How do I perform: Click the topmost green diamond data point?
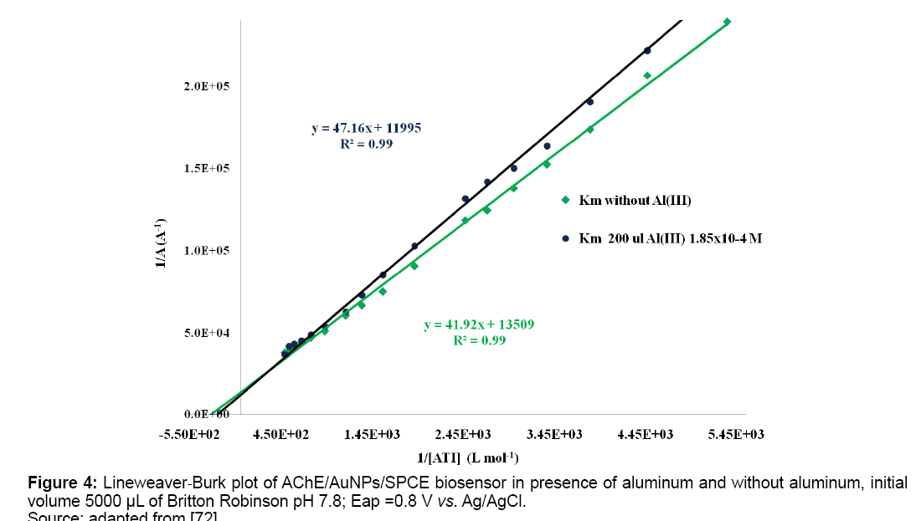pyautogui.click(x=727, y=21)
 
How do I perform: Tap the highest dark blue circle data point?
pyautogui.click(x=647, y=50)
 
